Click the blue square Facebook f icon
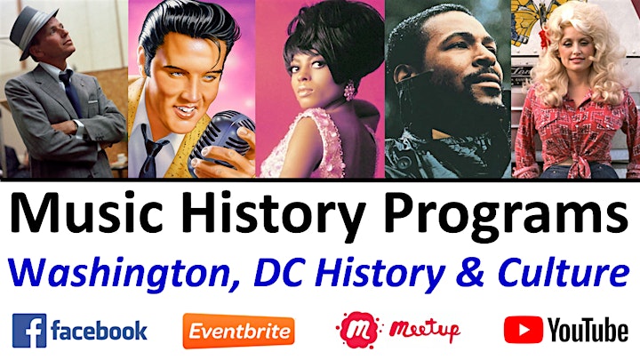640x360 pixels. tap(29, 331)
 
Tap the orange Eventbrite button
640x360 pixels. tap(239, 331)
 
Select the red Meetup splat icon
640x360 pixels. tap(358, 330)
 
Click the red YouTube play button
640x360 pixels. tap(524, 330)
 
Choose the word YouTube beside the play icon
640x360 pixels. tap(588, 330)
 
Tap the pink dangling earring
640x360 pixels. tap(349, 90)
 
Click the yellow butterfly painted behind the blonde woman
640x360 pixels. tap(531, 19)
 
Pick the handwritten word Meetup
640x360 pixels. tap(425, 329)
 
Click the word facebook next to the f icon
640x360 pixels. tap(100, 330)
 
